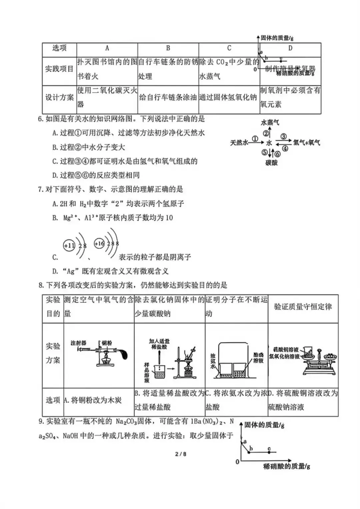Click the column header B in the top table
click(168, 48)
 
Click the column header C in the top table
click(229, 48)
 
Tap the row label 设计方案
click(59, 97)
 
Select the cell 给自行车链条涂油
click(168, 97)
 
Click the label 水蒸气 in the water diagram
click(270, 122)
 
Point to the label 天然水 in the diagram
click(239, 143)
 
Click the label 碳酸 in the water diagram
click(271, 163)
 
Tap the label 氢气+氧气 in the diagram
click(307, 143)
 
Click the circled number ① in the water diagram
click(255, 139)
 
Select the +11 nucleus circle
click(69, 246)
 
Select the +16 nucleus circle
click(99, 243)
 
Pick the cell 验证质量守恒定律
click(303, 307)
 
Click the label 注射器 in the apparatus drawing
click(78, 343)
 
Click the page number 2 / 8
click(181, 454)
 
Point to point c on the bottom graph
click(269, 452)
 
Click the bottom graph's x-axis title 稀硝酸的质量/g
click(286, 466)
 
